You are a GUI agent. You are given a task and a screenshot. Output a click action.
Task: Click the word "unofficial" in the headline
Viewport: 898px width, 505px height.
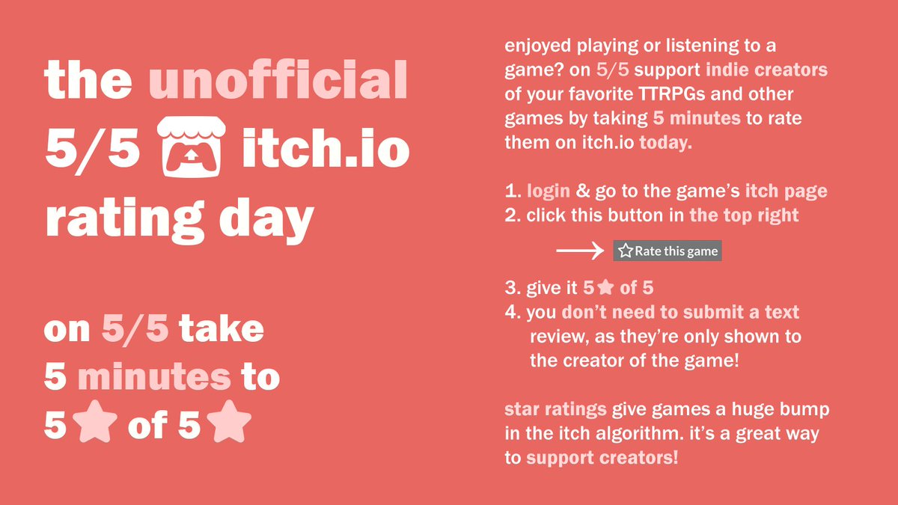point(278,81)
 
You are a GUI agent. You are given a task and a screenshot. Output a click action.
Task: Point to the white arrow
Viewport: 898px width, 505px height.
point(580,251)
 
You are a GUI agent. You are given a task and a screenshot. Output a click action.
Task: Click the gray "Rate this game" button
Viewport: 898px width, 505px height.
point(668,251)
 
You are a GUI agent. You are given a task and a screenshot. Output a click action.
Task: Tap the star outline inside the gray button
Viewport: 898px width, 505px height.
point(626,251)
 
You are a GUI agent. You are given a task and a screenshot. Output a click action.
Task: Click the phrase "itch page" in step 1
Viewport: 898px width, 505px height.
point(786,192)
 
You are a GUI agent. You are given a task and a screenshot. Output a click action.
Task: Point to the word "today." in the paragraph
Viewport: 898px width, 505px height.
point(666,143)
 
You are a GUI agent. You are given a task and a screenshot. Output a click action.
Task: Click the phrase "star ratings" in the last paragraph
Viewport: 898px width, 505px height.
point(555,410)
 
